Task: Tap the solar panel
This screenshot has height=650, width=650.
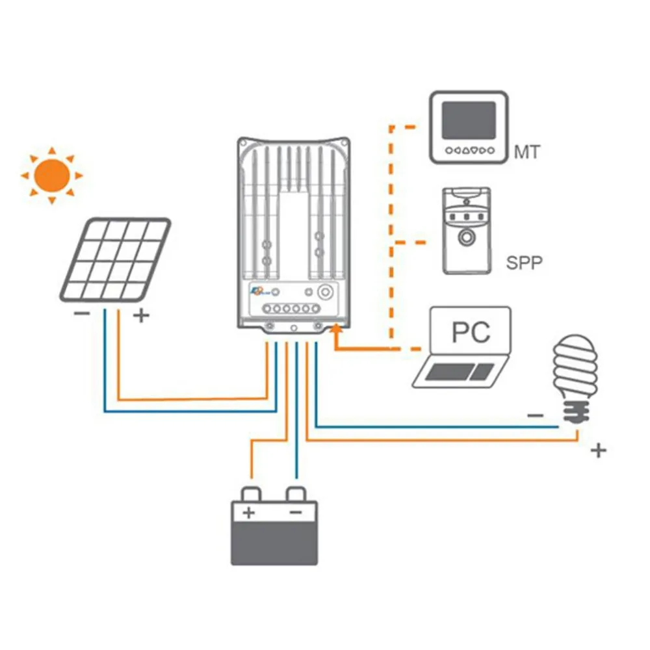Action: click(x=116, y=260)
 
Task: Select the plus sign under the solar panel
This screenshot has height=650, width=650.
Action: click(x=141, y=317)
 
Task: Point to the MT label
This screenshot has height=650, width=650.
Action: click(x=526, y=153)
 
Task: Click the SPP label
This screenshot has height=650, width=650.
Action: click(x=524, y=264)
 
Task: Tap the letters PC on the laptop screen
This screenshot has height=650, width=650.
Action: click(x=471, y=332)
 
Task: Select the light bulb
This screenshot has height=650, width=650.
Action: click(x=574, y=378)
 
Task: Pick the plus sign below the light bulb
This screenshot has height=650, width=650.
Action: click(x=599, y=450)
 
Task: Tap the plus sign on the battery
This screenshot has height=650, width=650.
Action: click(x=248, y=513)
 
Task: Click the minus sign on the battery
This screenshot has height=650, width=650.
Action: click(x=295, y=513)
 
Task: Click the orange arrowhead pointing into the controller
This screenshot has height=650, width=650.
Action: click(x=335, y=332)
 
